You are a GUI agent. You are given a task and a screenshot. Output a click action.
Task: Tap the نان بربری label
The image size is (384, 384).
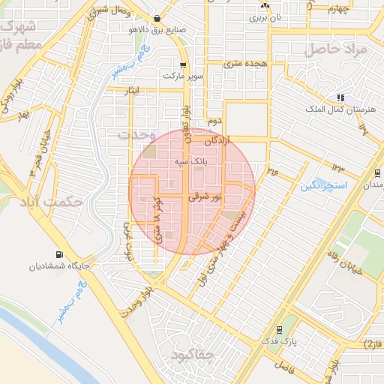click(265, 16)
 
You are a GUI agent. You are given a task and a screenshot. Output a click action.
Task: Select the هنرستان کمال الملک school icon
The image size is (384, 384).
click(340, 97)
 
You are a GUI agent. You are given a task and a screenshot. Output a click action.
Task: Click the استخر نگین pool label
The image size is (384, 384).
click(322, 184)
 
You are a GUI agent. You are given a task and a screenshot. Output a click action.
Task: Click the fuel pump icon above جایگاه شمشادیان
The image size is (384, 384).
click(59, 253)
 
